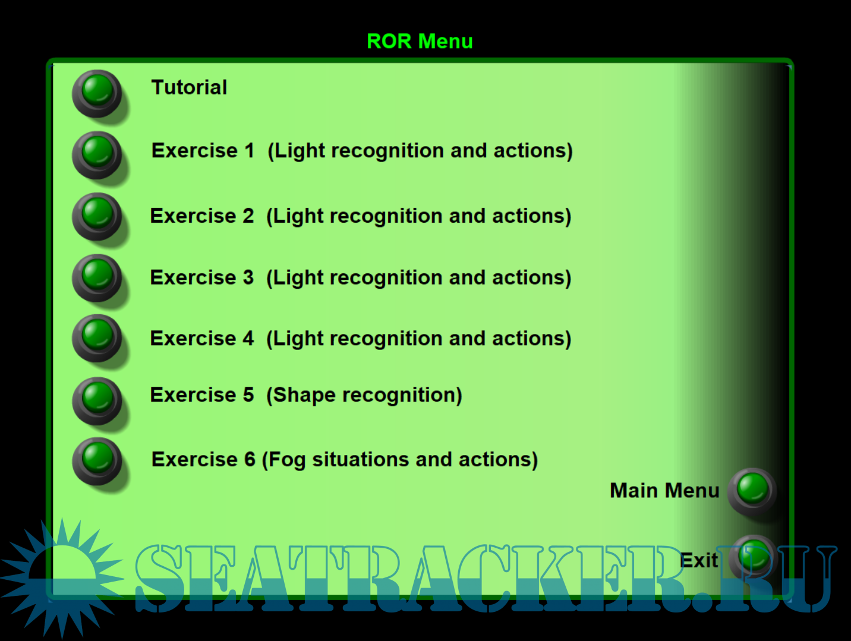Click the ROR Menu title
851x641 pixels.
(x=420, y=41)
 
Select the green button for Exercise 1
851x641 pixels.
(x=97, y=155)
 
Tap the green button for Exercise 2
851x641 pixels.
(x=97, y=217)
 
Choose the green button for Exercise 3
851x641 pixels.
(x=97, y=278)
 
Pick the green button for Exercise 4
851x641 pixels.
(x=97, y=339)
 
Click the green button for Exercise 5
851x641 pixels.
(x=97, y=401)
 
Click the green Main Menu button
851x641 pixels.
(x=752, y=491)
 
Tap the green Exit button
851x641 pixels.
(x=752, y=558)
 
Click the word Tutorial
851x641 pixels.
(x=189, y=87)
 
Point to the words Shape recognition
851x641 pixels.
(x=364, y=395)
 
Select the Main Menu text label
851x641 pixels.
(x=664, y=490)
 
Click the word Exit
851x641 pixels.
(x=699, y=560)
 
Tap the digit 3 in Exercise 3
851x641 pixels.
(x=248, y=277)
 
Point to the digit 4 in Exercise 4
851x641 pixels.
(x=248, y=339)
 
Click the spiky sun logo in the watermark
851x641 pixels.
(x=62, y=578)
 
